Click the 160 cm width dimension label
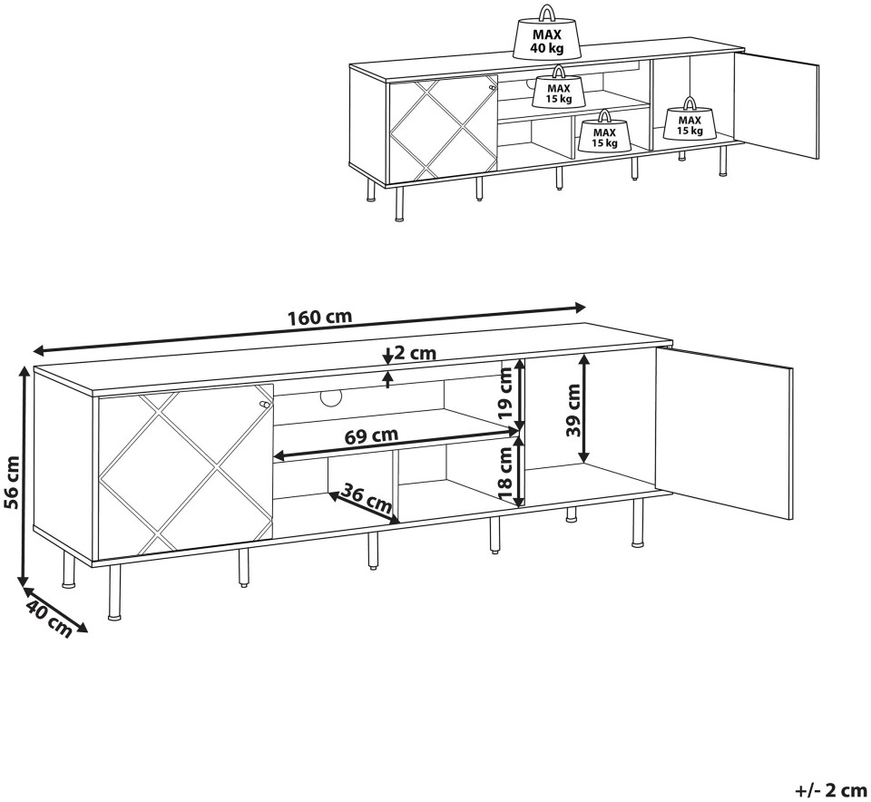pyautogui.click(x=320, y=318)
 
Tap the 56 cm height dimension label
pyautogui.click(x=11, y=482)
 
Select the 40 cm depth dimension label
pyautogui.click(x=48, y=619)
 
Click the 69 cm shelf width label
pyautogui.click(x=371, y=435)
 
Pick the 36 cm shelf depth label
pyautogui.click(x=366, y=498)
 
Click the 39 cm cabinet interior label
pyautogui.click(x=573, y=410)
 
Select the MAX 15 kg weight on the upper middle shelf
pyautogui.click(x=559, y=87)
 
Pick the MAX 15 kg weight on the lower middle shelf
pyautogui.click(x=604, y=131)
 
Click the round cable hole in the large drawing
pyautogui.click(x=331, y=397)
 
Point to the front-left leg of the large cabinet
pyautogui.click(x=114, y=592)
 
